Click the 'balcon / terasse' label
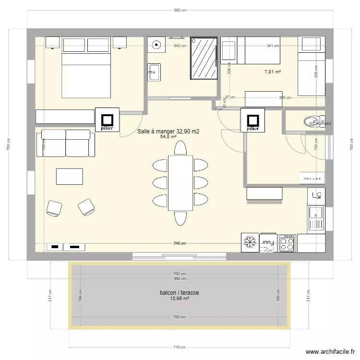click(180, 292)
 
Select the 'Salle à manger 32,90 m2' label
click(168, 131)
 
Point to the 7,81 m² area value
click(273, 72)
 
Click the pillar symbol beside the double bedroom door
click(108, 119)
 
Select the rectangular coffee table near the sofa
click(69, 176)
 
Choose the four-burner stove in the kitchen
click(287, 243)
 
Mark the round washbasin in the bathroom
click(156, 46)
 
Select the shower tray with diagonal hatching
click(204, 58)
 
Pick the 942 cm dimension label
click(180, 46)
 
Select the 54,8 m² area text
click(168, 137)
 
